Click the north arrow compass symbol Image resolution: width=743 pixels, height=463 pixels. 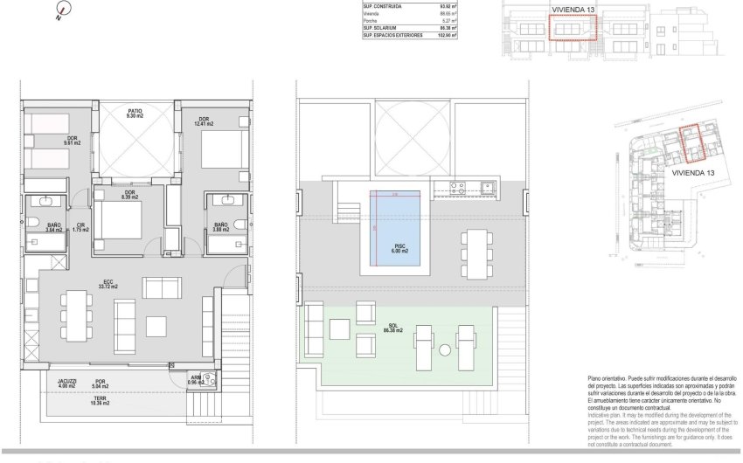click(59, 11)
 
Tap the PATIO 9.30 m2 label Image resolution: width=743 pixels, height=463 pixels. click(135, 114)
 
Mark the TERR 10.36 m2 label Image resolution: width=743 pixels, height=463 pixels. click(101, 403)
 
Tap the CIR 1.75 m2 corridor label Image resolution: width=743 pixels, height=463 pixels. click(80, 228)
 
